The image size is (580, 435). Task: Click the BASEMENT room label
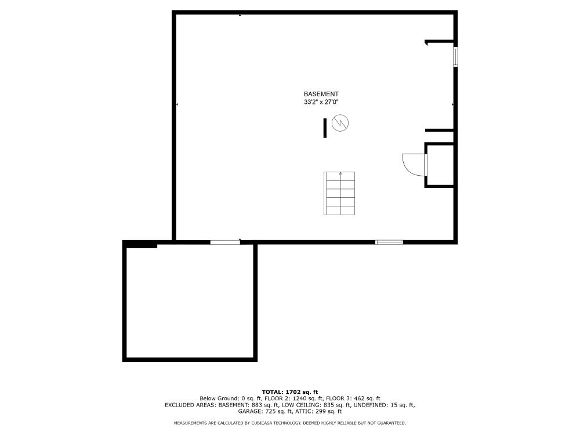321,95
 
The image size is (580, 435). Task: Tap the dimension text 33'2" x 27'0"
321,102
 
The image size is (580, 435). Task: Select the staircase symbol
339,193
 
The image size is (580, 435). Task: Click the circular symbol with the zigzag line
340,123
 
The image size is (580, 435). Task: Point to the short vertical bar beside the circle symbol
325,128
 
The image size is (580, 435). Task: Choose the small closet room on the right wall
440,165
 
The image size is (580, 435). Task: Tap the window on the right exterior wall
456,57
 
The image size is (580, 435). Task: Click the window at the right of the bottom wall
389,242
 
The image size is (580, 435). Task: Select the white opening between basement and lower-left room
225,242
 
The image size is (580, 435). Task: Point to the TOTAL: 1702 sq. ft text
290,392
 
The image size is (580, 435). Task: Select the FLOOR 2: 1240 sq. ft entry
296,399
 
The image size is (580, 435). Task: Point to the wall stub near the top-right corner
440,42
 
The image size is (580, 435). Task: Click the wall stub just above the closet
440,130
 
